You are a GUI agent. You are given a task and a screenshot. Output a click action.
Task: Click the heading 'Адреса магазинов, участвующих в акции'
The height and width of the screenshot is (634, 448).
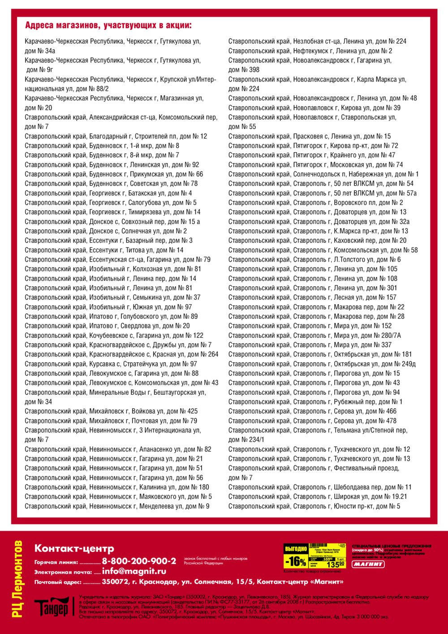(108, 25)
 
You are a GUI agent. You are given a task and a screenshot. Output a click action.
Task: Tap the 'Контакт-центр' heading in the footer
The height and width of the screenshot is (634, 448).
(74, 548)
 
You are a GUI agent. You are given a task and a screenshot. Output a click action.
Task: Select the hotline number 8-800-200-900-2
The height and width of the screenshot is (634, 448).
(139, 561)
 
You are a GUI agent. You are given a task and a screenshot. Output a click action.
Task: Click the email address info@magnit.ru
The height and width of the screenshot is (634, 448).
(134, 571)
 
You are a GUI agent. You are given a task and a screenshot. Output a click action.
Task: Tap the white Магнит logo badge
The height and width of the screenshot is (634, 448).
(368, 564)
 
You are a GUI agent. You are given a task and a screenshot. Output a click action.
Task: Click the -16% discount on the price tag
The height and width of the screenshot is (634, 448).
(296, 561)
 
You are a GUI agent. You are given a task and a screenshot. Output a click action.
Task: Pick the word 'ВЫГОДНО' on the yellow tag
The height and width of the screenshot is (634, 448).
(295, 548)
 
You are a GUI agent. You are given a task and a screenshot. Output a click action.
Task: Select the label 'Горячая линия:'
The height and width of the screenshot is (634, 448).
(56, 562)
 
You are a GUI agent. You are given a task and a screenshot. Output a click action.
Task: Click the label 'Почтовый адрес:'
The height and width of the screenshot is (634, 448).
(58, 582)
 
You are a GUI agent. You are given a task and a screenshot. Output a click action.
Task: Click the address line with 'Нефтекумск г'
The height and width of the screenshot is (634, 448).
(310, 51)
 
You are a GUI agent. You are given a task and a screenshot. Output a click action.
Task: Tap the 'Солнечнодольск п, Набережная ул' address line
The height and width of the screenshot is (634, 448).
(323, 174)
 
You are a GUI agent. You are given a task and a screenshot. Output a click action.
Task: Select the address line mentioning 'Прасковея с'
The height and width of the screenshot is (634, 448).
(309, 136)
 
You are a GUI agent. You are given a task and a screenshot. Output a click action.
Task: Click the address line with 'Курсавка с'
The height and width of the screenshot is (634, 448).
(111, 364)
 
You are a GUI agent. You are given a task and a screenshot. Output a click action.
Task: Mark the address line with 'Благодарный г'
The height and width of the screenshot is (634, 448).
(116, 136)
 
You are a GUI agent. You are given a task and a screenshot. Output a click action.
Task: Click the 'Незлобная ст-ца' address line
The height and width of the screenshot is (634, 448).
(317, 41)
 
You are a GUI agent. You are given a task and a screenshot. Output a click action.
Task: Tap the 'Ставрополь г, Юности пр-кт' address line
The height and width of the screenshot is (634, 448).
(314, 506)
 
